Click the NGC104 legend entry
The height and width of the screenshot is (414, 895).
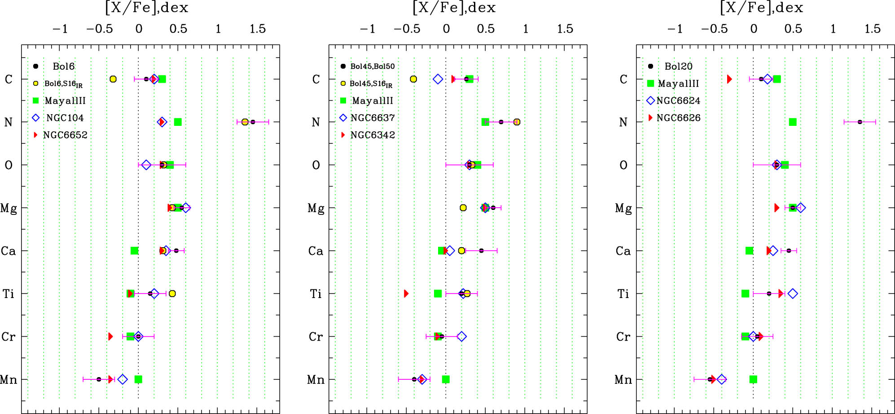tap(65, 118)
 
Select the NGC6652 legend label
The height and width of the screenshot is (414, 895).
tap(65, 135)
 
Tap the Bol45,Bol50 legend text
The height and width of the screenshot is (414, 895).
tap(372, 66)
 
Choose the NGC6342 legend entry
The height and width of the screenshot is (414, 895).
tap(373, 135)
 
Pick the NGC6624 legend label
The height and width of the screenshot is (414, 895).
tap(678, 101)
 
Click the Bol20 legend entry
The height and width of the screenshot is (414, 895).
tap(678, 66)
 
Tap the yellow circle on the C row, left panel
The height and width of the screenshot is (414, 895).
tap(113, 79)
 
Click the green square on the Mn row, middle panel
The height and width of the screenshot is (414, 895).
tap(446, 379)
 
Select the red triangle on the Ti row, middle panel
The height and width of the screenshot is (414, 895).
tap(406, 294)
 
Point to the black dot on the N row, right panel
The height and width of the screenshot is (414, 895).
tap(860, 122)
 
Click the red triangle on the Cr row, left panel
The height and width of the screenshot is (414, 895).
tap(110, 336)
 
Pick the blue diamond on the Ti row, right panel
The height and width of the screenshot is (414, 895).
tap(793, 294)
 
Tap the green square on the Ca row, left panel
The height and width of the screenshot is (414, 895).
tap(134, 250)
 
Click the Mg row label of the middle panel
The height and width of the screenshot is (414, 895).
tap(316, 208)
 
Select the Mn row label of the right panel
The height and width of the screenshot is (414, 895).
tap(623, 380)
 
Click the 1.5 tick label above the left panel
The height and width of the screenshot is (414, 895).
tap(258, 29)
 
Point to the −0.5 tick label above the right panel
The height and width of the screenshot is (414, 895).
tap(714, 29)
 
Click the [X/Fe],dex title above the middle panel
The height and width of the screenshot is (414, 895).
tap(454, 8)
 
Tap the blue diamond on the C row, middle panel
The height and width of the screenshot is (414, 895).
tap(438, 79)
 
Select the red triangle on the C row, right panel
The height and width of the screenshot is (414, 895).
tap(729, 79)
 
